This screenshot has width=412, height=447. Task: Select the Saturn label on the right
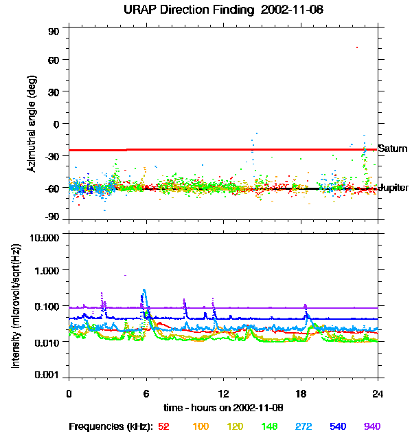click(393, 149)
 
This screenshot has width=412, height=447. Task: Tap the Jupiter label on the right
click(394, 188)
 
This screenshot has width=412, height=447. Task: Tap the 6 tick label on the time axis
click(146, 393)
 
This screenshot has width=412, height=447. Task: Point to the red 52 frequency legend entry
click(163, 426)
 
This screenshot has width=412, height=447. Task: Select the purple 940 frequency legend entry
click(372, 426)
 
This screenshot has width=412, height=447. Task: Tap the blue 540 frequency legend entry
click(339, 426)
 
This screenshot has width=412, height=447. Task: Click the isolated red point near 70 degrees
click(357, 47)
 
